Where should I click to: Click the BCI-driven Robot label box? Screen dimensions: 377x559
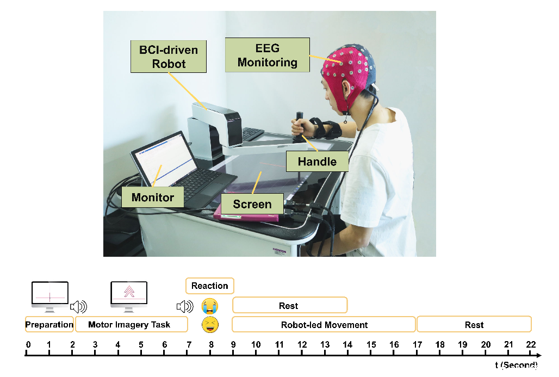tap(169, 57)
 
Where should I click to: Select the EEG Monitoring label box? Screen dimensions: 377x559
tap(267, 55)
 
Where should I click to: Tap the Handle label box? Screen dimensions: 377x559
tap(317, 162)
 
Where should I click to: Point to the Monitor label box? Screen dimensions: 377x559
tap(153, 197)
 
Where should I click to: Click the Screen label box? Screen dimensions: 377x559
tap(252, 205)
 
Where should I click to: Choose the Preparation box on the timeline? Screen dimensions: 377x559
tap(49, 325)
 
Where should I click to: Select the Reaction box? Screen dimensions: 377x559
tap(210, 286)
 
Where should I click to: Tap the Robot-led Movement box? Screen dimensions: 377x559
tap(324, 325)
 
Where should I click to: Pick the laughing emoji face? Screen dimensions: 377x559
tap(209, 325)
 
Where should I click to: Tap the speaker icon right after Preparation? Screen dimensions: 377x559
tap(79, 307)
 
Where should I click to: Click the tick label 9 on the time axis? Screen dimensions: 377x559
tap(233, 344)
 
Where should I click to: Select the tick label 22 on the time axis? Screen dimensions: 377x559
tap(531, 344)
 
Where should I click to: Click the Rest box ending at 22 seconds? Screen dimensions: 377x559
tap(474, 325)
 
